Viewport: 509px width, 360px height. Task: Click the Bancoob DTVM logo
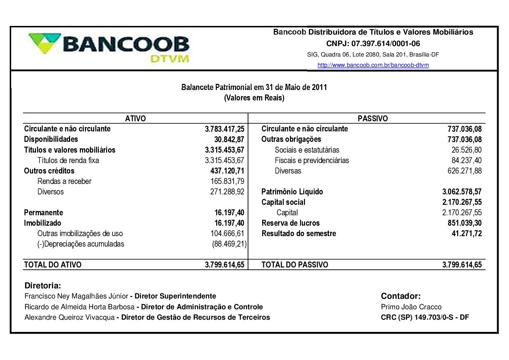109,48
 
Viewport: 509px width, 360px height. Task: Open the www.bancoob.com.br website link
373,65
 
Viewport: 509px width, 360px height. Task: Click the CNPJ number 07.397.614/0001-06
386,44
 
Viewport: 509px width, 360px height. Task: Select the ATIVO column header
135,118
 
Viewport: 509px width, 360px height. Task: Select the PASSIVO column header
373,118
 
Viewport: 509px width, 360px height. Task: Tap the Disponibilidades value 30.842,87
229,139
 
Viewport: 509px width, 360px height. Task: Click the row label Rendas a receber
64,181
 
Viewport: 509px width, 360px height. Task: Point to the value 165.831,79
227,181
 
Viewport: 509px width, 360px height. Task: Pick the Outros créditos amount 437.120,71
227,171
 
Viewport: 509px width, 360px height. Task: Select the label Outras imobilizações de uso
80,234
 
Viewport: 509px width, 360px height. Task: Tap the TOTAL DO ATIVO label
53,265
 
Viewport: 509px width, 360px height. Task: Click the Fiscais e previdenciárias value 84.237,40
467,161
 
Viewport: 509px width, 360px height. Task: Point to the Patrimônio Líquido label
292,192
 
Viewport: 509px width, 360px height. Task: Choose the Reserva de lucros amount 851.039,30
464,223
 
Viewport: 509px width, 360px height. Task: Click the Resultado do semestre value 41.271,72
467,234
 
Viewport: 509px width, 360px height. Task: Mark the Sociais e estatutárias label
307,150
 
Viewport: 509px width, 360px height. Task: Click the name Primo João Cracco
411,307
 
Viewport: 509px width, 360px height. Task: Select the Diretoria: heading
43,286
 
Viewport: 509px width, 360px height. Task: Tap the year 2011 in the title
319,87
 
